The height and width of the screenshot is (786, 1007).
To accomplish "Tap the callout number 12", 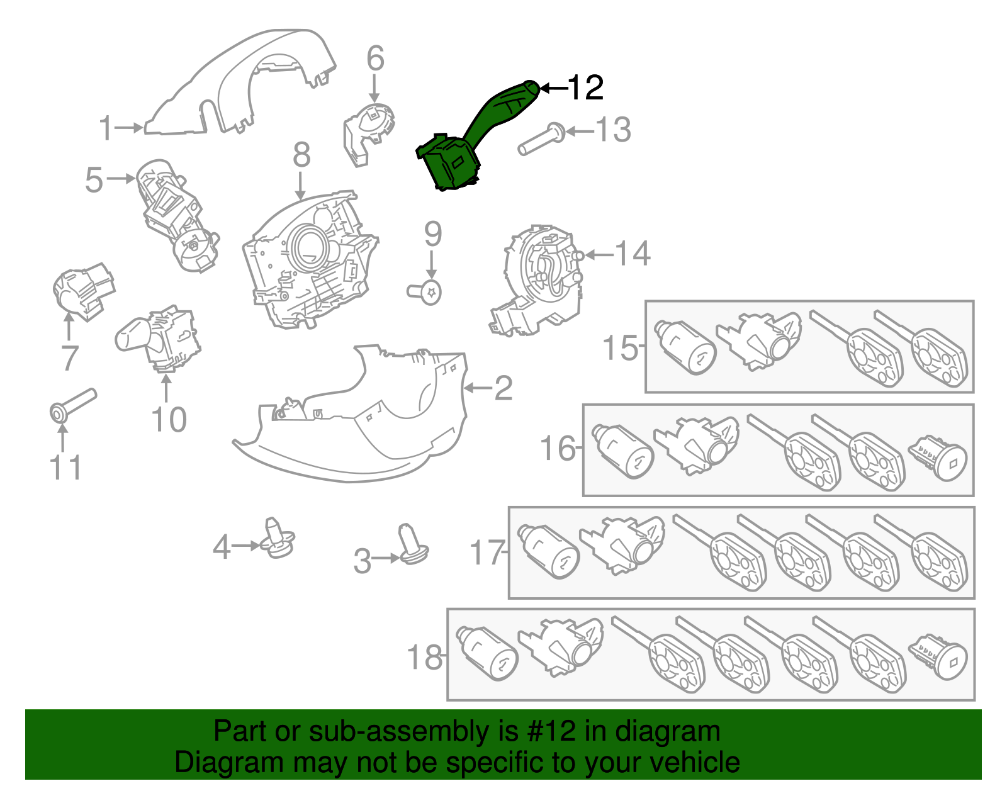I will click(585, 88).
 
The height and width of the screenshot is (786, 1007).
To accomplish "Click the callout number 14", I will click(632, 254).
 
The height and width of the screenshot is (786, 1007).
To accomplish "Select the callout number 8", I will click(301, 155).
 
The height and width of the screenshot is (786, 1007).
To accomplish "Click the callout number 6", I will click(375, 59).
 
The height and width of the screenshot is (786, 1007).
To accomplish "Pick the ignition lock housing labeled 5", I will click(176, 214).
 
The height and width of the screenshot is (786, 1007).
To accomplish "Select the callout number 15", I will click(620, 348).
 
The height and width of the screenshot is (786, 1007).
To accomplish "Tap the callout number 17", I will click(487, 553).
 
